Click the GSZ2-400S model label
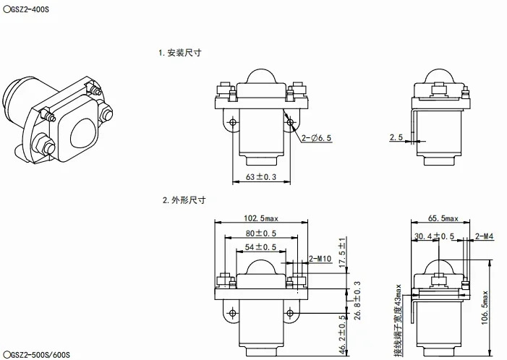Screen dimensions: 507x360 point(26,9)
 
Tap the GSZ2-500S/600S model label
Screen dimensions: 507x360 point(36,354)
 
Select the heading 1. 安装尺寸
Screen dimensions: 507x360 point(180,53)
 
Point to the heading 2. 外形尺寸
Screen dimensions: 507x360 point(184,200)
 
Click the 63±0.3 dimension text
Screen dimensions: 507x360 point(261,177)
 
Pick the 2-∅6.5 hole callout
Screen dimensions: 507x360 point(316,138)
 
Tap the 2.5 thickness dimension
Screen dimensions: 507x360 point(396,137)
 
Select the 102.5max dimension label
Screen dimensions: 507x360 point(260,218)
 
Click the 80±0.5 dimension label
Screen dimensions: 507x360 point(260,233)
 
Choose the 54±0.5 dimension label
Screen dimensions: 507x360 point(260,247)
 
